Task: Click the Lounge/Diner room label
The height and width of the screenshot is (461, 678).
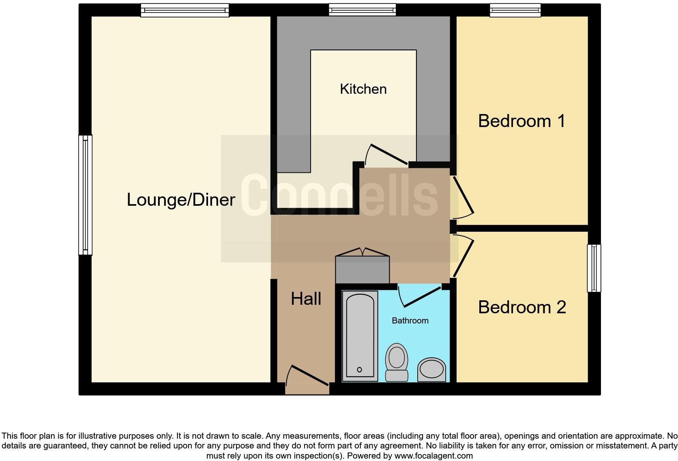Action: pos(181,200)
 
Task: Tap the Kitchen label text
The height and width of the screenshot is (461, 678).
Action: pos(363,89)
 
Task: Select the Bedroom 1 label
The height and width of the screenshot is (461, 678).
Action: pos(521,121)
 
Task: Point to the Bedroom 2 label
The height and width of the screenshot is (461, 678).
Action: pos(521,307)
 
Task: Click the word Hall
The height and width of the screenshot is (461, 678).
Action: pos(306,299)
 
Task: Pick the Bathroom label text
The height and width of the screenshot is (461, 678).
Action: pos(410,321)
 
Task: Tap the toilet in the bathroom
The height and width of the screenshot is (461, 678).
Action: pos(397,362)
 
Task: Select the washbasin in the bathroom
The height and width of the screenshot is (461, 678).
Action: pos(431,369)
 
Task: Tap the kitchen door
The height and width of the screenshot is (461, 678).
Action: pos(386,155)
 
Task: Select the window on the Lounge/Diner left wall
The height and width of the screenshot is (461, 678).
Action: pos(85,195)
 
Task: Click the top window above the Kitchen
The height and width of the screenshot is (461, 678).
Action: pos(362,10)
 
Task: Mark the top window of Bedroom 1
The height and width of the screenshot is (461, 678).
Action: pos(515,10)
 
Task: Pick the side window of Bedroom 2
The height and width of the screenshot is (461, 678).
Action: pos(594,268)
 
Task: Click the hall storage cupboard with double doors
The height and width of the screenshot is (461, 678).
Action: pos(363,269)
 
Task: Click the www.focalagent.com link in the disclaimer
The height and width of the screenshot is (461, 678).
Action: pos(433,456)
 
